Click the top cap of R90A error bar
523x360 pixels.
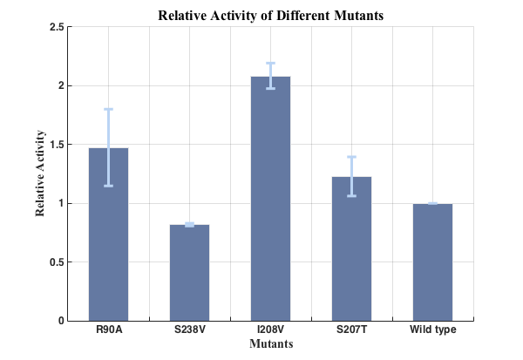pos(108,109)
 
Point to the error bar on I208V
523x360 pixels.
pos(270,76)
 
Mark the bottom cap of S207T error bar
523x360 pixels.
pos(352,195)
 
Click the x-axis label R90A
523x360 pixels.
pos(108,330)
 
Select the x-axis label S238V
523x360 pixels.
pos(189,330)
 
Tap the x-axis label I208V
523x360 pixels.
pos(270,330)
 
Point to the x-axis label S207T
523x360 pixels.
pos(352,330)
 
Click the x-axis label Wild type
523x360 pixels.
pos(432,330)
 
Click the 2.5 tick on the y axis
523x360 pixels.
pos(56,27)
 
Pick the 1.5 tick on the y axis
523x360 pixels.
pos(56,145)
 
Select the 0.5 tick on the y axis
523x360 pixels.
pos(56,262)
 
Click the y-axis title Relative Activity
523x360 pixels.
pos(40,173)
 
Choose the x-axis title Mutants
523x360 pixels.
pos(270,344)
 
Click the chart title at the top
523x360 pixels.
pos(270,15)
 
